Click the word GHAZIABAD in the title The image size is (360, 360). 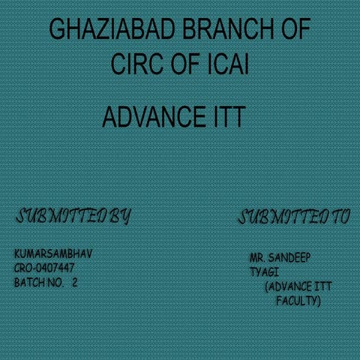(112, 28)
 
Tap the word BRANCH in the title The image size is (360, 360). (229, 28)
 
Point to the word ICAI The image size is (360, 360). (228, 64)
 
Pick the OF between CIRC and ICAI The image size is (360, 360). (185, 64)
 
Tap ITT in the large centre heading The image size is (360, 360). (229, 117)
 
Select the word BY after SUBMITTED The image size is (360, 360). (120, 217)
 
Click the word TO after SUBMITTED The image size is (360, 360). (340, 217)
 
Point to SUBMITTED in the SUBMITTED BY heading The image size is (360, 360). (61, 216)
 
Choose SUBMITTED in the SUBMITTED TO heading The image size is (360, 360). (283, 217)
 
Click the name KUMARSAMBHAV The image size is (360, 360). (53, 253)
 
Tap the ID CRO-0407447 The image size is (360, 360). (44, 268)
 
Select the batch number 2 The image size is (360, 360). (74, 283)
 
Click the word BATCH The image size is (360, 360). (29, 283)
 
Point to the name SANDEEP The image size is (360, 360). (289, 258)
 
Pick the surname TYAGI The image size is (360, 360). (264, 272)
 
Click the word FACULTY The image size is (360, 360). (298, 301)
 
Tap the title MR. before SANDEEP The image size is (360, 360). (257, 258)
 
